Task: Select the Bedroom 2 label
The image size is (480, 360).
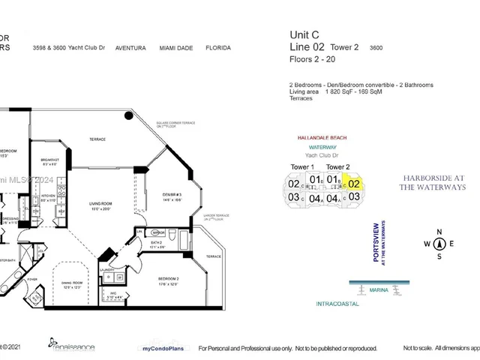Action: click(x=167, y=280)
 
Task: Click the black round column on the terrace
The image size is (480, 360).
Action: click(x=128, y=117)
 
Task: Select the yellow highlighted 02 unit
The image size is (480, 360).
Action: click(x=355, y=183)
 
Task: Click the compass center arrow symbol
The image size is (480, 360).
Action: click(x=440, y=243)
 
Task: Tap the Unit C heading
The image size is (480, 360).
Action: click(x=304, y=34)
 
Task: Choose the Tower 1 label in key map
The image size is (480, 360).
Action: click(x=302, y=166)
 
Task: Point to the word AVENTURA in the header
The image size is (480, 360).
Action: click(x=130, y=47)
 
